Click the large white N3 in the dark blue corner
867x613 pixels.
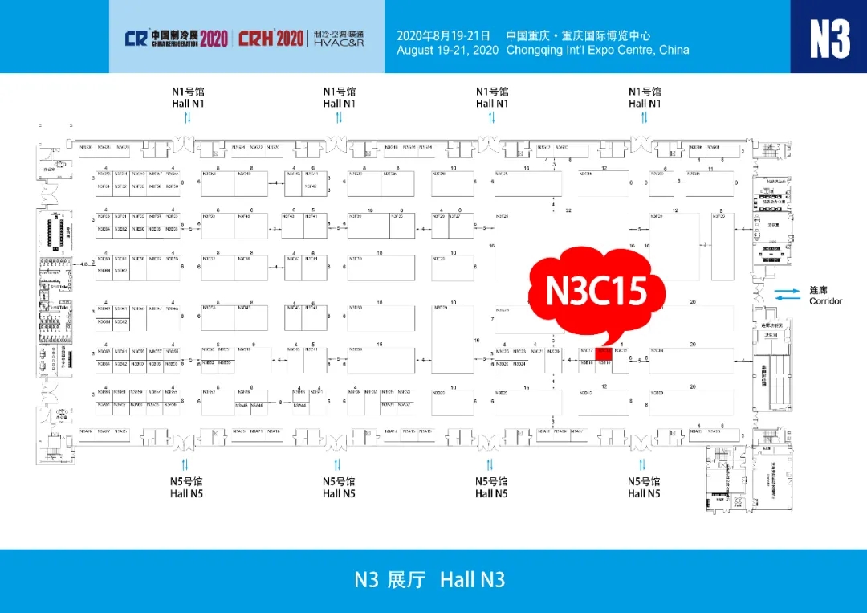828,38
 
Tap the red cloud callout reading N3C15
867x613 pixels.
596,292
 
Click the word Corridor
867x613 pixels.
826,301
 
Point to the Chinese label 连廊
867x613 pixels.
817,289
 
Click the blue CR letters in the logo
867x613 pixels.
136,38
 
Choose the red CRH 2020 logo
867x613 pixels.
271,38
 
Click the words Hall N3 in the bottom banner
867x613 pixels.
472,579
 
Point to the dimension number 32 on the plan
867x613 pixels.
568,210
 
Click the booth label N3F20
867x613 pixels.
503,217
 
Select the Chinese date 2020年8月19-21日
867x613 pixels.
443,35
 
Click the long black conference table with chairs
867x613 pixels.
56,232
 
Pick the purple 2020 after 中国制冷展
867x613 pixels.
214,38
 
